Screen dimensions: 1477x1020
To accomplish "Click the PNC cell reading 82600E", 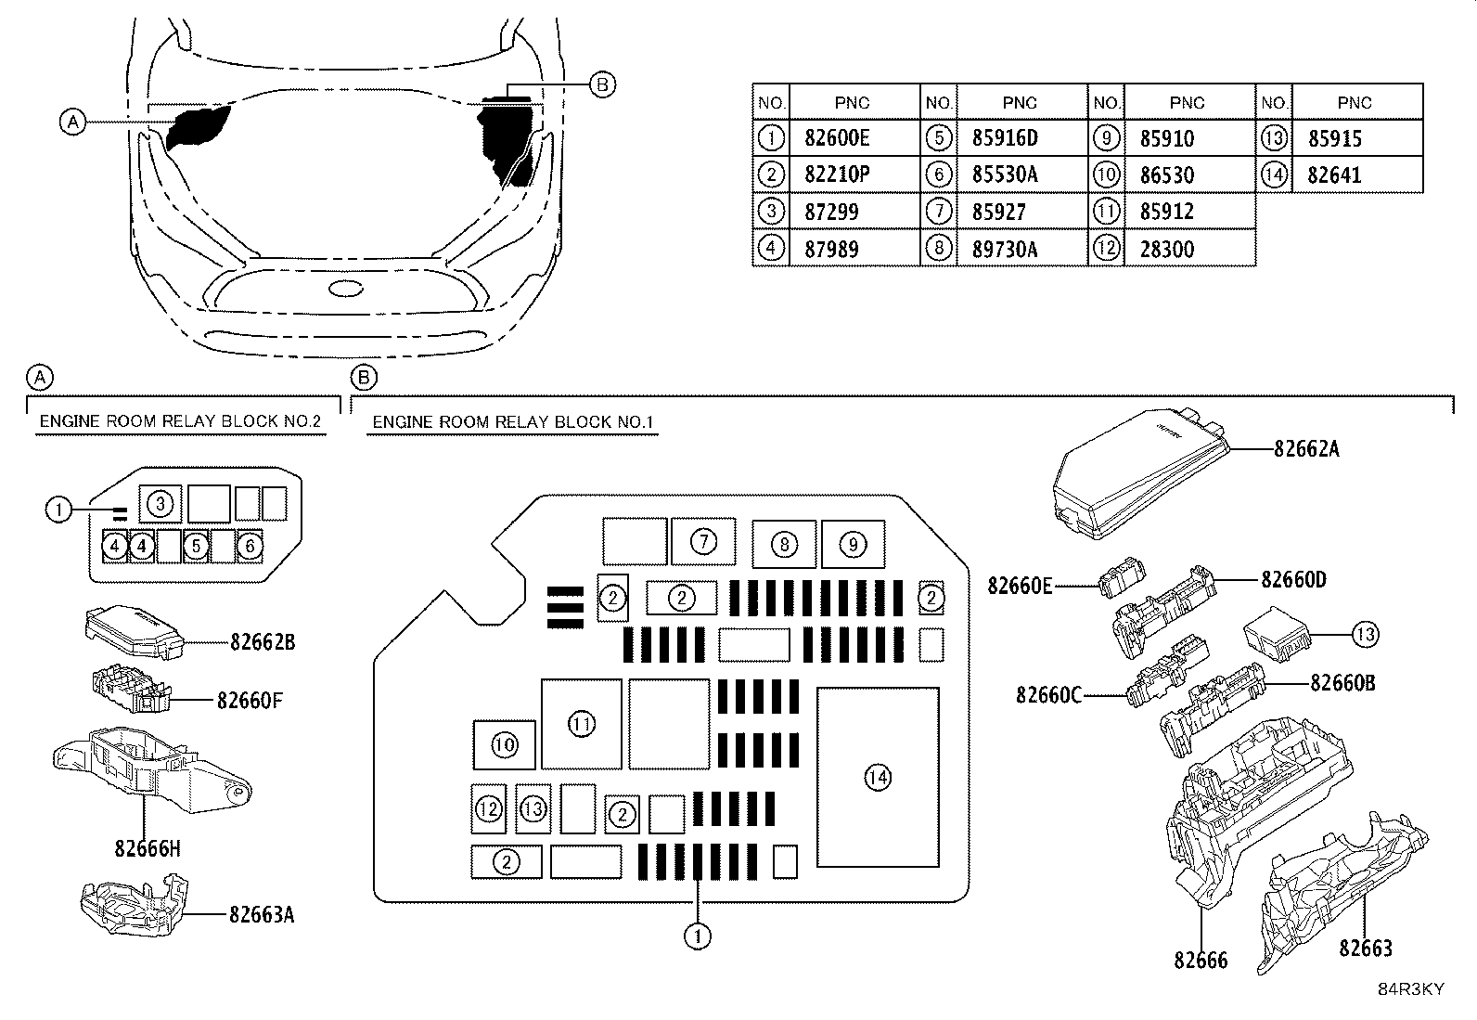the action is click(x=854, y=138).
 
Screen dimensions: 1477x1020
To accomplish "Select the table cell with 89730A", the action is click(x=1022, y=249).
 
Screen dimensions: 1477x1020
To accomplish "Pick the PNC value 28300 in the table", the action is click(x=1190, y=249).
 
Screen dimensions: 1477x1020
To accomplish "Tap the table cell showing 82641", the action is click(x=1357, y=174).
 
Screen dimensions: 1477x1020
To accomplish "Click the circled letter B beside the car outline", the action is click(x=602, y=85).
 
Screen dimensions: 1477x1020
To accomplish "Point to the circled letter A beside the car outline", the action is click(x=73, y=123).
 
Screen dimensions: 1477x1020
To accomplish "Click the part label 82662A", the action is click(x=1306, y=449).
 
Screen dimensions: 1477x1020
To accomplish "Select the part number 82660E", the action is click(x=1020, y=586).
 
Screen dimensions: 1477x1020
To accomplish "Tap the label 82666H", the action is click(x=147, y=848).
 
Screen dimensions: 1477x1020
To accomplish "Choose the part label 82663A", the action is click(x=262, y=915).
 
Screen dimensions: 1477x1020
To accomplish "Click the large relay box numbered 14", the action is click(x=879, y=777).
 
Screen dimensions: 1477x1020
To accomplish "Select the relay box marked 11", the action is click(x=582, y=725).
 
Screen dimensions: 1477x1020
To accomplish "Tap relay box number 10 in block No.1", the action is click(x=505, y=745).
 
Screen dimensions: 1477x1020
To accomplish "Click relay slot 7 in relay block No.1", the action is click(x=703, y=542).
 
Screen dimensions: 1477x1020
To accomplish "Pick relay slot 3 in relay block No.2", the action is click(x=160, y=504).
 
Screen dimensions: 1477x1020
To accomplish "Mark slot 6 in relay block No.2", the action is click(x=250, y=547).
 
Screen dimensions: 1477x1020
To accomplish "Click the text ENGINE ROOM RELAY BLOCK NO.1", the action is click(x=512, y=422).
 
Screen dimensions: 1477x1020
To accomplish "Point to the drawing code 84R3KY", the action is click(x=1411, y=989).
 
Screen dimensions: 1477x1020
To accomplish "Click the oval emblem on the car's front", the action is click(x=345, y=289).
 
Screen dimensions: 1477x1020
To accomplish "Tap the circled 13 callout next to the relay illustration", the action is click(x=1365, y=635).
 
